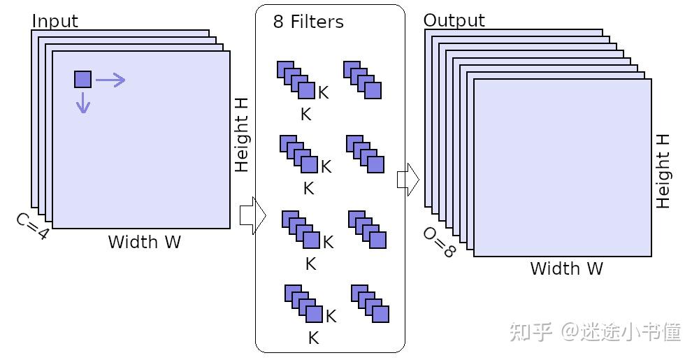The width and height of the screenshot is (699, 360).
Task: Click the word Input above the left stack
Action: click(55, 21)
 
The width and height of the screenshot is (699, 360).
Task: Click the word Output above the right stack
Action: click(454, 20)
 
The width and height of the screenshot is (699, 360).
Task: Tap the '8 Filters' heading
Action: click(308, 22)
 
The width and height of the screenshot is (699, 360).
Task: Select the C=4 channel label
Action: click(32, 226)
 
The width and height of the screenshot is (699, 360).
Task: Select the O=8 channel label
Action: click(439, 242)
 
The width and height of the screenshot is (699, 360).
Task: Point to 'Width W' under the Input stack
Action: click(144, 243)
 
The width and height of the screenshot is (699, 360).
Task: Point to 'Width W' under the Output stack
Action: click(566, 268)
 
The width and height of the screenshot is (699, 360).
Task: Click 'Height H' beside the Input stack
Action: click(241, 134)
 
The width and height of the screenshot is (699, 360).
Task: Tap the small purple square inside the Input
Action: click(82, 80)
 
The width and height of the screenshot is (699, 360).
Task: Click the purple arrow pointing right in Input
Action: click(110, 80)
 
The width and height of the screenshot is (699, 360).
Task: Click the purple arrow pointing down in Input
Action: click(83, 103)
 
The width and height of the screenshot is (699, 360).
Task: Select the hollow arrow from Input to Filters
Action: click(252, 216)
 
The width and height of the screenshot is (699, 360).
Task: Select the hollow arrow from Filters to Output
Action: click(408, 180)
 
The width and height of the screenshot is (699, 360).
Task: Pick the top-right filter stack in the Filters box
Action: click(362, 80)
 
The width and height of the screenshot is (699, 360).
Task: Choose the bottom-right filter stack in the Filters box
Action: click(370, 303)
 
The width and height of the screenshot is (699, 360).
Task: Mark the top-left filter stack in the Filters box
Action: click(296, 80)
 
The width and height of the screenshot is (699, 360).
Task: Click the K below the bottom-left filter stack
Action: click(313, 338)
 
